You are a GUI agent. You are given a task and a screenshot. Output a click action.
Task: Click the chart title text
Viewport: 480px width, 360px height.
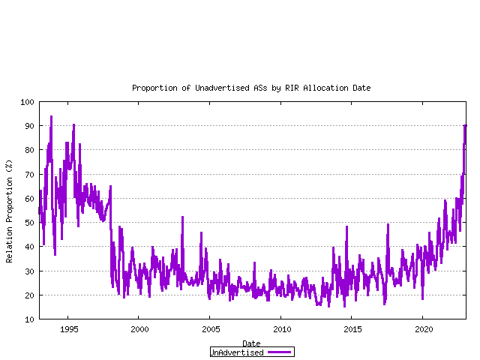251,88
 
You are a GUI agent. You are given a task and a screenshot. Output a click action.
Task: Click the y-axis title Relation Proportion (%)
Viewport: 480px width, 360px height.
9,211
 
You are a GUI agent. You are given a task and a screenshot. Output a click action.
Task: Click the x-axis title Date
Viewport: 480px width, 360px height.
251,343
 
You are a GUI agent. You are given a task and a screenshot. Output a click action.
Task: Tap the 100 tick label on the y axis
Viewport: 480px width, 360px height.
27,102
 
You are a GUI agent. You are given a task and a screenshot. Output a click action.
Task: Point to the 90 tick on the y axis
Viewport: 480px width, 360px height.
29,126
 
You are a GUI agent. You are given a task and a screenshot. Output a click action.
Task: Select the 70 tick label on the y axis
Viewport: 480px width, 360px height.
29,175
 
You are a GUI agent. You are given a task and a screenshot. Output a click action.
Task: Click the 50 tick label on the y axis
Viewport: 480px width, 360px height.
29,223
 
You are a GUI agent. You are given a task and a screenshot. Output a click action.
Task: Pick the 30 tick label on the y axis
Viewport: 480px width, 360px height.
29,271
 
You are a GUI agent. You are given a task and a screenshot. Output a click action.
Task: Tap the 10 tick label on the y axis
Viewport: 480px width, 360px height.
29,319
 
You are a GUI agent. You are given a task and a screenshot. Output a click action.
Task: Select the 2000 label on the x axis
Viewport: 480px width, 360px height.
139,329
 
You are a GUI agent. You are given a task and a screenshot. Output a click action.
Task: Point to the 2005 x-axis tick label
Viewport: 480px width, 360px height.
211,329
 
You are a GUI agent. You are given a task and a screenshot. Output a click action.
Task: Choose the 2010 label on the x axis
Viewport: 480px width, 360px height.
282,329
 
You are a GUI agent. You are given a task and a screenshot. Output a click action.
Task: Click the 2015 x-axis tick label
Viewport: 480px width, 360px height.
352,329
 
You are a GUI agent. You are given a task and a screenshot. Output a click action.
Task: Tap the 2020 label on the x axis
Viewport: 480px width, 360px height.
424,329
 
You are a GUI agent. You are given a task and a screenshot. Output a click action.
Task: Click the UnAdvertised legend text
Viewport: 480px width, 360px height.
237,352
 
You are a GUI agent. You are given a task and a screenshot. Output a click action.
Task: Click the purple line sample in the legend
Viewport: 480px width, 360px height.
279,352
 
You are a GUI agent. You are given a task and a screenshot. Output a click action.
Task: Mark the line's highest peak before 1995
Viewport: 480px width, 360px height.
51,117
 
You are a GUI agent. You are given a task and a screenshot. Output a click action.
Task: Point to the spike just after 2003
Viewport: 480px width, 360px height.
182,217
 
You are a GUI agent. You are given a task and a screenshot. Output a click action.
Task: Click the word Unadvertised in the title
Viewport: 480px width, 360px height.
223,88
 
